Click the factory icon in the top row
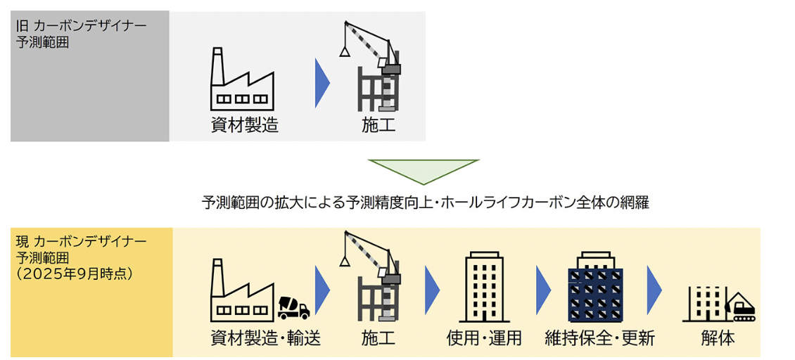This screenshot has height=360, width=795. pos(243,77)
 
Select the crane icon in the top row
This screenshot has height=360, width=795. pos(371,67)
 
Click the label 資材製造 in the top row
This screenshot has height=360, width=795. pos(245,126)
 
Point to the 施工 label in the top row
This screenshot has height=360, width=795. pos(379,126)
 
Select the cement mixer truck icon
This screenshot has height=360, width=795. pos(294,307)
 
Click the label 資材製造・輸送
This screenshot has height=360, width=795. pos(265,339)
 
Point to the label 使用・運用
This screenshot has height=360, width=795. pos(484,339)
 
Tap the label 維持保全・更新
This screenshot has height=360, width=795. pos(599,339)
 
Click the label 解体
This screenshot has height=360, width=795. pos(718,339)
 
